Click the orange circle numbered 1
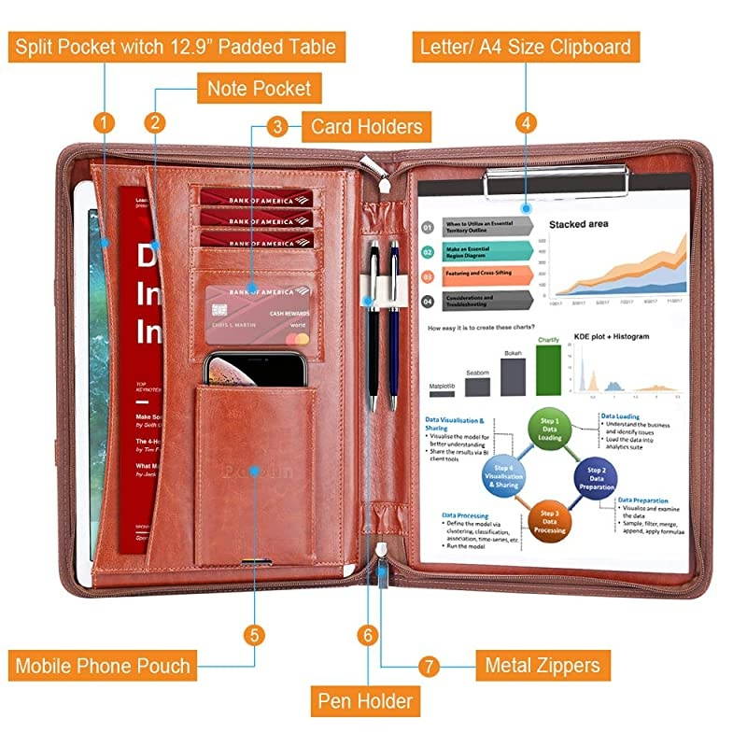pyautogui.click(x=106, y=122)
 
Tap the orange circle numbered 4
pyautogui.click(x=527, y=122)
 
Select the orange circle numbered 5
pyautogui.click(x=255, y=635)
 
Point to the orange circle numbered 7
pyautogui.click(x=430, y=667)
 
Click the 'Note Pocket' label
pyautogui.click(x=259, y=90)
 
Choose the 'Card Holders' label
pyautogui.click(x=366, y=126)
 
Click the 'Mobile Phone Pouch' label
pyautogui.click(x=103, y=666)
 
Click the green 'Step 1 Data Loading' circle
pyautogui.click(x=551, y=430)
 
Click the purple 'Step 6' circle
pyautogui.click(x=504, y=475)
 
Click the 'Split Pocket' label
pyautogui.click(x=173, y=46)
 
